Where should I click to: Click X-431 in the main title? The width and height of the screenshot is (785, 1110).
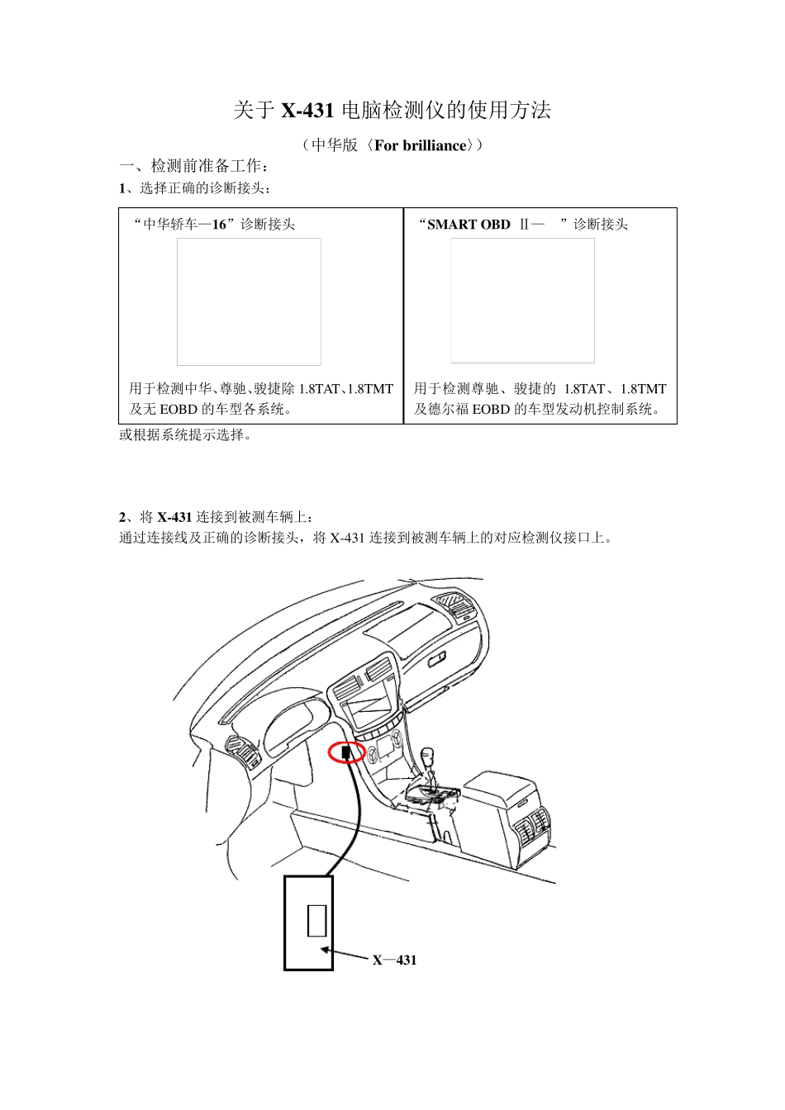coord(307,111)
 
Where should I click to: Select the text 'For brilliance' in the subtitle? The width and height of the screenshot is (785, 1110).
coord(420,146)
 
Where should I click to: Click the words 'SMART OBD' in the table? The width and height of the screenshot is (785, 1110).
coord(469,225)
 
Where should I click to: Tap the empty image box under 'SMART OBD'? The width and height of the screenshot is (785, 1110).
coord(522,301)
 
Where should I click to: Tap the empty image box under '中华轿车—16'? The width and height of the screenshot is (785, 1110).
coord(249,301)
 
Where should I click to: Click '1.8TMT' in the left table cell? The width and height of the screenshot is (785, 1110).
coord(369,389)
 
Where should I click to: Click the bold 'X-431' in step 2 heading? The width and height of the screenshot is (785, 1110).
coord(174,518)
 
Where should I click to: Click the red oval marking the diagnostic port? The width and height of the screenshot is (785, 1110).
coord(347,752)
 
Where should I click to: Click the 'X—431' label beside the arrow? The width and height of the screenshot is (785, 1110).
coord(394,960)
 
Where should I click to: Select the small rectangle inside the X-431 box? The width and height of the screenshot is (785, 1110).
coord(316,920)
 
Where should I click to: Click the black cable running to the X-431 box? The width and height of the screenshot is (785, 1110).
coord(355,818)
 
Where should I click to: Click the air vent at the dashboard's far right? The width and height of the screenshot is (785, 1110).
coord(454,605)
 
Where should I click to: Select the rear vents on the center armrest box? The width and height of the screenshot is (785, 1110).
coord(530,825)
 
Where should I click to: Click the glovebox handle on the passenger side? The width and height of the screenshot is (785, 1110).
coord(437,659)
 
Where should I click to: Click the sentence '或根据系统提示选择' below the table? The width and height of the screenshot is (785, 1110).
coord(185,435)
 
